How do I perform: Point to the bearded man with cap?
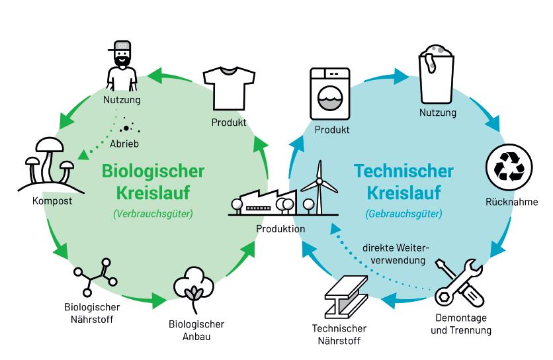click(122, 65)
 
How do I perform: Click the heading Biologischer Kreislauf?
click(153, 183)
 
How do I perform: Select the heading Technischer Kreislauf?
click(404, 183)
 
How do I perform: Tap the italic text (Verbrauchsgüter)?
click(153, 214)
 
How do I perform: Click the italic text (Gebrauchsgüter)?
click(404, 214)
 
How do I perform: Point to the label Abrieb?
click(124, 143)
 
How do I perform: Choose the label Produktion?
click(281, 229)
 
